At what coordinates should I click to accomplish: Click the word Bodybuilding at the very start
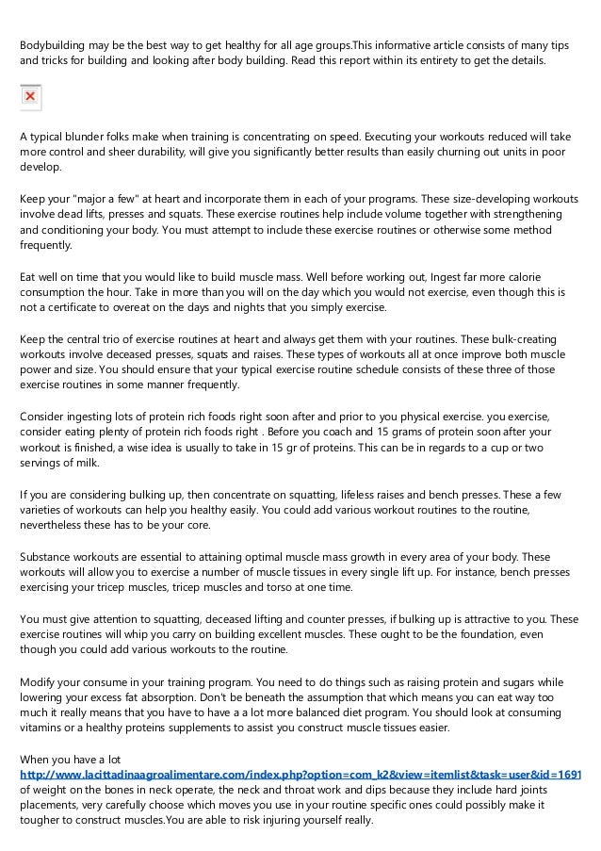click(55, 45)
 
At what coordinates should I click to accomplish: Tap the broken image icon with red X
click(30, 97)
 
